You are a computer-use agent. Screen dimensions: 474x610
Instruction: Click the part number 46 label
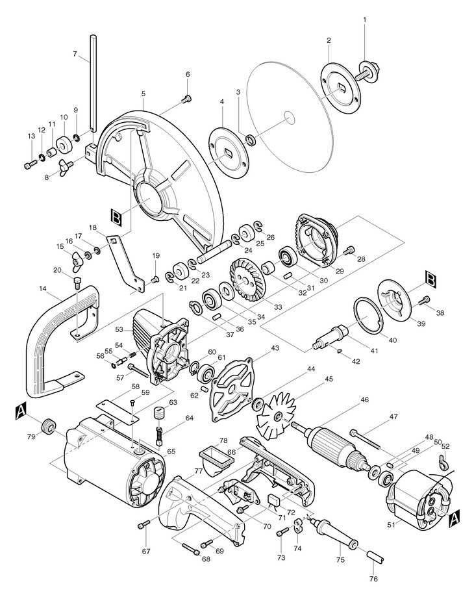(364, 400)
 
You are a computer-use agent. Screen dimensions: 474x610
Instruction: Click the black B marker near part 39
(431, 279)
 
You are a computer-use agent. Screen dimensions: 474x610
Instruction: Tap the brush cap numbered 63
(160, 413)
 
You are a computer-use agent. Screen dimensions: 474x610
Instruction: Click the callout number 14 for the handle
(43, 288)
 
